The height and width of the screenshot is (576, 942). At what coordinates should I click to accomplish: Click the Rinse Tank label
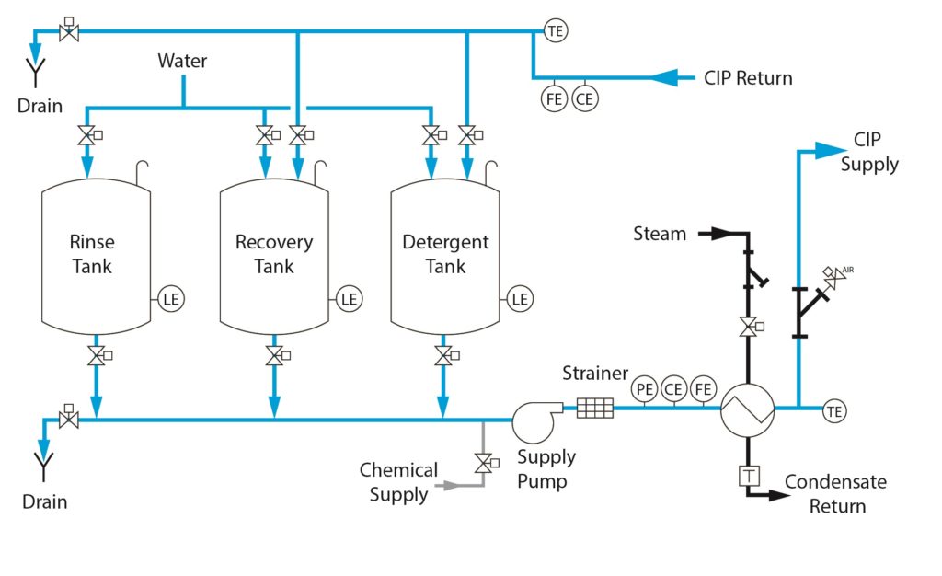[92, 254]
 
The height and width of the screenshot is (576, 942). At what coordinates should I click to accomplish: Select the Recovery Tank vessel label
[274, 254]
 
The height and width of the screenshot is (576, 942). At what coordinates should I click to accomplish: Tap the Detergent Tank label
[445, 254]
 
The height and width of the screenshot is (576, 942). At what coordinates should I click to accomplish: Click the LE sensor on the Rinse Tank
[171, 299]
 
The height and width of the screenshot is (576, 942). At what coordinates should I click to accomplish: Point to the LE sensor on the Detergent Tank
[520, 299]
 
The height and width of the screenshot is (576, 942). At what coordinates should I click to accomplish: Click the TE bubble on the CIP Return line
[556, 30]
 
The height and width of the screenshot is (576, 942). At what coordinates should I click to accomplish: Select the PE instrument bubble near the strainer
[644, 389]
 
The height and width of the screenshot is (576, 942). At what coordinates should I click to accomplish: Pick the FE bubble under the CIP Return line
[554, 99]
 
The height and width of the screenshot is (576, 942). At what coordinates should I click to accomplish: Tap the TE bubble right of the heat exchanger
[833, 411]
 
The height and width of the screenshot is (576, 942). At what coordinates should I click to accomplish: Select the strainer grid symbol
[595, 409]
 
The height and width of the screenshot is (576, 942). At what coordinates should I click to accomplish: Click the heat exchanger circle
[747, 410]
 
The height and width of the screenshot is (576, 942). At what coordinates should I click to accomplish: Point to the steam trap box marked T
[749, 477]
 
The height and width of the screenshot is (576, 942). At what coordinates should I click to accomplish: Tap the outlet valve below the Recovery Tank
[276, 355]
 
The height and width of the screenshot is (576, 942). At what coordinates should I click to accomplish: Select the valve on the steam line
[751, 328]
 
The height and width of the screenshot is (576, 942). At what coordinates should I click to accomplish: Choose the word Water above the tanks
[182, 61]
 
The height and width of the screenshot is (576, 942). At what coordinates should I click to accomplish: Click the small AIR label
[847, 270]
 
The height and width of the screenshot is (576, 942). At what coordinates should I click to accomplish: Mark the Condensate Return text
[835, 494]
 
